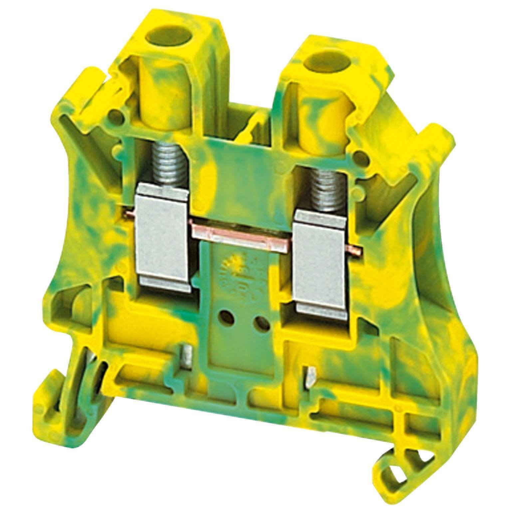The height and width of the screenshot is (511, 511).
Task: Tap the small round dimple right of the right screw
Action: tap(358, 155)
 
